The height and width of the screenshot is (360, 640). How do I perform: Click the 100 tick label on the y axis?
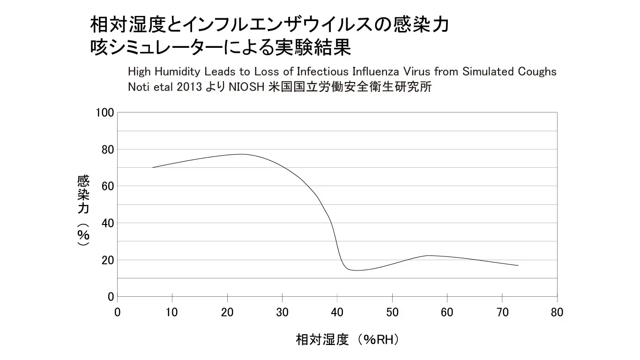105,112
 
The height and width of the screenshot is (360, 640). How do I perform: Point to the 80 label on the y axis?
108,150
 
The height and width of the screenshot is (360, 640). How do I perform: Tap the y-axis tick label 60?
108,186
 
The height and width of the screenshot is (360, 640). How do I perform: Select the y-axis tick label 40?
108,223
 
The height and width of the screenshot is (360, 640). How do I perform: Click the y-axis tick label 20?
108,260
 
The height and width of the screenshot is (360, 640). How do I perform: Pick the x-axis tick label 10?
172,312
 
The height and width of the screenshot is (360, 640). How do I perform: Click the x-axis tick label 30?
282,312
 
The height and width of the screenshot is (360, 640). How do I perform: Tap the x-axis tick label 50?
392,312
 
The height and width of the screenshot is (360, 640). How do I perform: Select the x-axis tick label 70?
502,312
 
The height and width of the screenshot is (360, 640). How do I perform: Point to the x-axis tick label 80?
557,312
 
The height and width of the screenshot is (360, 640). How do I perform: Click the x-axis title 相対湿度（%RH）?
348,339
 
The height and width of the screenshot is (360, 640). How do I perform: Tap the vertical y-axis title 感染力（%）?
83,210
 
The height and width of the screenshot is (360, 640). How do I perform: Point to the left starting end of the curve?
153,167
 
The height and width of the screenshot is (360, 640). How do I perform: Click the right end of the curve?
518,265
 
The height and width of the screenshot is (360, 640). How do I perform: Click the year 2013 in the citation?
190,87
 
